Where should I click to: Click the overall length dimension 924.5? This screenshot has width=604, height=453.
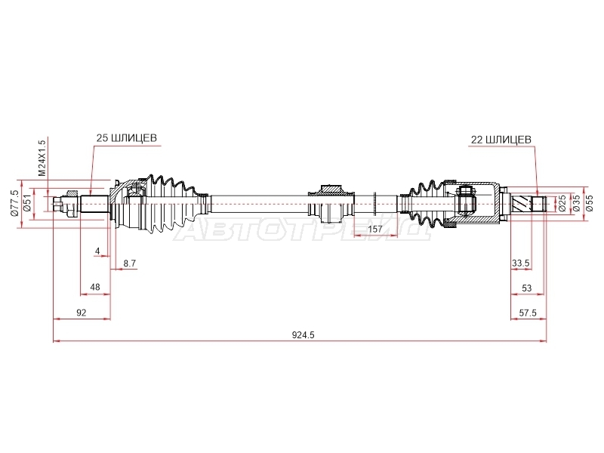click(x=304, y=335)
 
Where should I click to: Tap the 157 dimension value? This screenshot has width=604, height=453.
click(x=375, y=230)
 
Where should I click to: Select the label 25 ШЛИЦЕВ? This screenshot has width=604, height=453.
click(x=127, y=138)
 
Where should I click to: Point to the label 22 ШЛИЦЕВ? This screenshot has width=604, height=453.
click(x=501, y=140)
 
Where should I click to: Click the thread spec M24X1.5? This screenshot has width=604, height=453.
click(x=42, y=158)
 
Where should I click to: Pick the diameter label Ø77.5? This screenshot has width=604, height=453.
click(x=14, y=203)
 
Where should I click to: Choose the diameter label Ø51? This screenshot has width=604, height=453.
click(x=27, y=203)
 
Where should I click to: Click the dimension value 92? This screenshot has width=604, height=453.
click(x=82, y=313)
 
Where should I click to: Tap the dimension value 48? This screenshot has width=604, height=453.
click(x=95, y=287)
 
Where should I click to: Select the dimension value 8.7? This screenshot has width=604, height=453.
click(x=129, y=263)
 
